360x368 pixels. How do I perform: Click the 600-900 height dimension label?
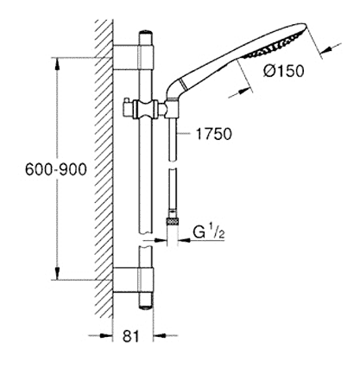[x=56, y=169]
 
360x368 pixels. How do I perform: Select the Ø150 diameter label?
[x=283, y=71]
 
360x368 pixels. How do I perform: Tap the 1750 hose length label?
[x=213, y=134]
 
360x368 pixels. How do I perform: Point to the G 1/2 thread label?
[x=208, y=232]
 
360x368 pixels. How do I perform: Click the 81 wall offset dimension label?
[x=131, y=336]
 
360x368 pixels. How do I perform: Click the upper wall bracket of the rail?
[x=134, y=57]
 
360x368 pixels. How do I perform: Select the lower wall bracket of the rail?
[x=134, y=280]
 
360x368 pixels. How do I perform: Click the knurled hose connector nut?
[x=173, y=222]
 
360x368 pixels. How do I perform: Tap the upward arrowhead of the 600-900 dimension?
[x=58, y=64]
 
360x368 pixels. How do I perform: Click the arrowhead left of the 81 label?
[x=106, y=335]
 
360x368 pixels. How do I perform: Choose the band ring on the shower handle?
[x=181, y=85]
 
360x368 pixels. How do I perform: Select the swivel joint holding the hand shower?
[x=173, y=109]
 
